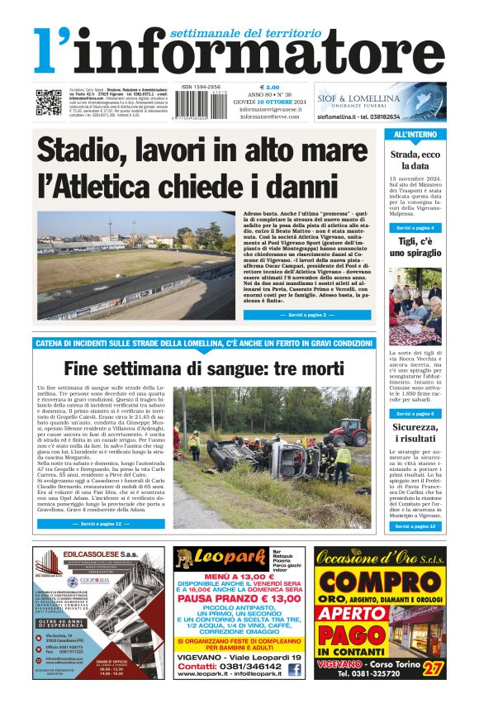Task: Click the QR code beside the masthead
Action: pyautogui.click(x=48, y=101)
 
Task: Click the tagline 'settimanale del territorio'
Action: pyautogui.click(x=244, y=33)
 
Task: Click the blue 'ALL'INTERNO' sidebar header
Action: pyautogui.click(x=415, y=134)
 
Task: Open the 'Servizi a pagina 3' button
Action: pyautogui.click(x=295, y=315)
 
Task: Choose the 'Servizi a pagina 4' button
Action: pyautogui.click(x=415, y=227)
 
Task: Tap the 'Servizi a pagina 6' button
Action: pyautogui.click(x=415, y=413)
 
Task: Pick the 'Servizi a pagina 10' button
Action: pyautogui.click(x=415, y=525)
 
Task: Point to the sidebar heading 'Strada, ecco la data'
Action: pyautogui.click(x=415, y=160)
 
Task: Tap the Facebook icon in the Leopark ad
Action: pyautogui.click(x=295, y=670)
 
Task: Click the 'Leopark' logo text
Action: pyautogui.click(x=223, y=559)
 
